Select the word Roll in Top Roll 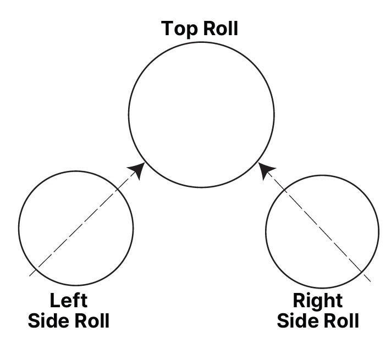coord(220,28)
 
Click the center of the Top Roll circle coord(201,115)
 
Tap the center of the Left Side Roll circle coord(76,228)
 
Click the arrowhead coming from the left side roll coord(139,170)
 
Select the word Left coord(69,301)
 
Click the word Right coord(317,301)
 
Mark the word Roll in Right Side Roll coord(339,320)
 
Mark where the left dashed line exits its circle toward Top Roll coord(117,190)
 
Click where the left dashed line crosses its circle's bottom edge coord(36,268)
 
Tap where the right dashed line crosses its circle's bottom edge coord(361,270)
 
